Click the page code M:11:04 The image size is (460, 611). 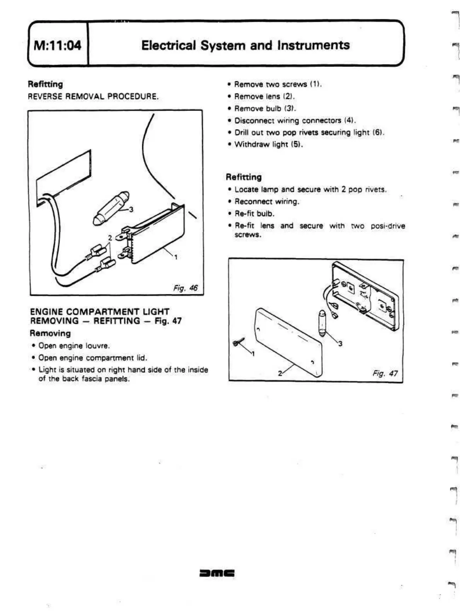coord(58,46)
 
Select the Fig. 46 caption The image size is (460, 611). coord(185,288)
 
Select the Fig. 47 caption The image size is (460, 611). coord(385,373)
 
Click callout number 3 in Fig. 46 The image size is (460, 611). coord(131,210)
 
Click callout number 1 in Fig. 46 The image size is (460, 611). coord(176,257)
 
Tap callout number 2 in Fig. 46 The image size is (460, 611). coord(110,237)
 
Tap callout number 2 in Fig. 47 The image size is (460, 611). coord(280,373)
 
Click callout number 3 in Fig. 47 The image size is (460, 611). coord(340,343)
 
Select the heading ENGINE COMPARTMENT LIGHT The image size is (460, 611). coord(100,311)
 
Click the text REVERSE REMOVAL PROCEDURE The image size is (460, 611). coord(93,96)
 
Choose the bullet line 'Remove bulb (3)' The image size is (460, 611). coord(265,108)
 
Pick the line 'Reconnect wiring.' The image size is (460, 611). coord(267,201)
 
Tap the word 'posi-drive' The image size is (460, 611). coord(388,226)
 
